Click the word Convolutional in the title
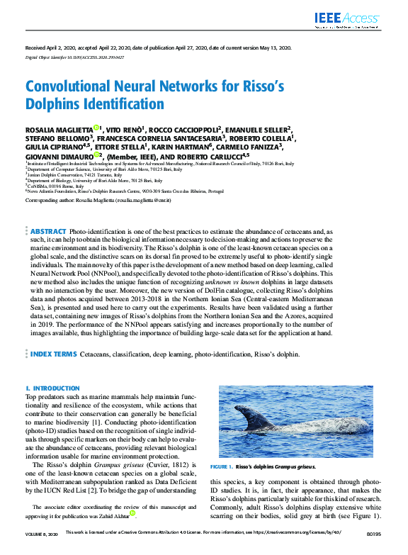[67, 86]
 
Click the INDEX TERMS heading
[54, 354]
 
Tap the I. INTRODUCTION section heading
[52, 388]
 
